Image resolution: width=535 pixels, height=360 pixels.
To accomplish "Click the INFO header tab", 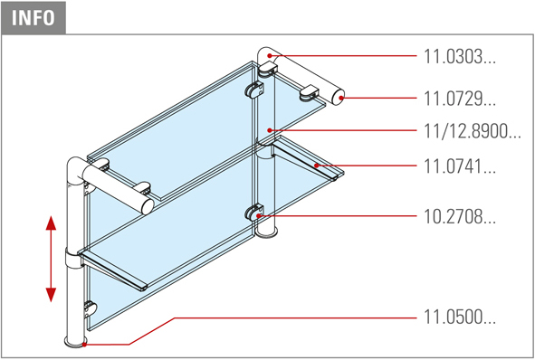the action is [x=33, y=17].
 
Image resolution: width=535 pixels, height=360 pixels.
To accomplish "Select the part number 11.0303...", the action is [x=459, y=56].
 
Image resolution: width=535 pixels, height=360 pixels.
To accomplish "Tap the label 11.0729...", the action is [x=459, y=99].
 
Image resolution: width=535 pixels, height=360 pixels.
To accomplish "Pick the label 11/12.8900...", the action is [x=472, y=131].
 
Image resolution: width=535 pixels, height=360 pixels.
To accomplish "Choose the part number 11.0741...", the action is [x=459, y=166].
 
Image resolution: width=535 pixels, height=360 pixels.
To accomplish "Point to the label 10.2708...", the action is [x=459, y=216].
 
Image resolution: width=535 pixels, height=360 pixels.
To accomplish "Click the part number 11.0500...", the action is [x=459, y=317].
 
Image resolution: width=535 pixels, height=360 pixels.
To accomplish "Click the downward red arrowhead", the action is [x=51, y=295].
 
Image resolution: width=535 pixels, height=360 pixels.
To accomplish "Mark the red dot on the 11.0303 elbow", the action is [x=270, y=55].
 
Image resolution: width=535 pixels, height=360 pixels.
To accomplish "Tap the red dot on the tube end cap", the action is [x=341, y=99].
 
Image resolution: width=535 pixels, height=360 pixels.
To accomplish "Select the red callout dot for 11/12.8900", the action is [x=270, y=130].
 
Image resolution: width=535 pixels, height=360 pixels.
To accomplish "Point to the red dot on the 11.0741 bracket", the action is [x=317, y=166].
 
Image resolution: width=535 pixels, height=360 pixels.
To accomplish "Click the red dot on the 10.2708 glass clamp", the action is [x=259, y=215].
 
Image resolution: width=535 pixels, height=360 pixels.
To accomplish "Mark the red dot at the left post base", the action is [x=84, y=345].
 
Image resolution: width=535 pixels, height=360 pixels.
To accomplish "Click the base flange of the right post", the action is [x=267, y=232].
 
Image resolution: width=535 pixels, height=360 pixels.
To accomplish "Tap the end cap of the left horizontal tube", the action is [x=148, y=206].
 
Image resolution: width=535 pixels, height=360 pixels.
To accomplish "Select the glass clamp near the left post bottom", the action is [x=91, y=309].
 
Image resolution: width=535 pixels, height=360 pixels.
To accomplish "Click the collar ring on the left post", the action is [x=74, y=258].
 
